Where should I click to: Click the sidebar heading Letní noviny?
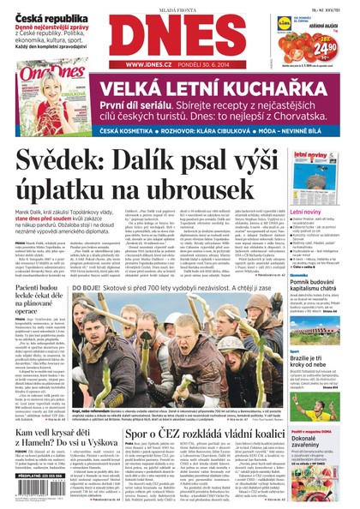pyautogui.click(x=306, y=210)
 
